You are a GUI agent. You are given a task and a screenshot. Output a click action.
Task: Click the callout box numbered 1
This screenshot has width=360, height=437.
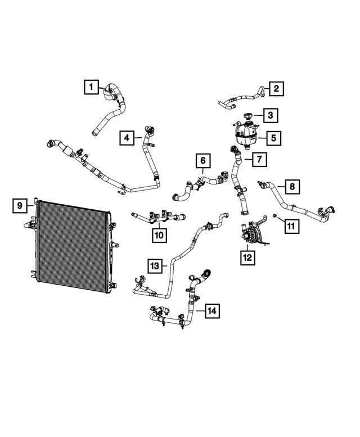89,87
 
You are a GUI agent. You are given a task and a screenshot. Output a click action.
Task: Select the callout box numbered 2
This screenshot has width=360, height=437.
276,88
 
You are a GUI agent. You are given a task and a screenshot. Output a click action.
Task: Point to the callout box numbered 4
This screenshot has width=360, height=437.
127,137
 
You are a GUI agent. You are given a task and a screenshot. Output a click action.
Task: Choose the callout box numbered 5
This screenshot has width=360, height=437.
274,137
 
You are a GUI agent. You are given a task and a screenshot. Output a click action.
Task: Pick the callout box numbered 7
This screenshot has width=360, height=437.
258,160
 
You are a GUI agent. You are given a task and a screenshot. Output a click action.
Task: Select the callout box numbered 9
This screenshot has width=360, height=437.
20,206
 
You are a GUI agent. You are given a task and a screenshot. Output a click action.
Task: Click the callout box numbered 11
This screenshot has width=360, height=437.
291,226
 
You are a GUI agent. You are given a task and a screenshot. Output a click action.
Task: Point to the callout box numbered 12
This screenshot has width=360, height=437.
247,257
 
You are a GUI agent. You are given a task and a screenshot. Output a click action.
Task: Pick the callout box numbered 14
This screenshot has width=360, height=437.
211,310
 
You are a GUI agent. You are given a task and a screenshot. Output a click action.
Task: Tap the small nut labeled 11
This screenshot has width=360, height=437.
273,216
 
